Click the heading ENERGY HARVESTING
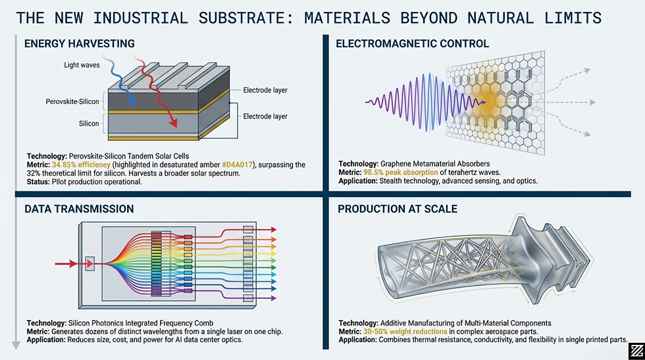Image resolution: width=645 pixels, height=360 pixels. click(x=79, y=44)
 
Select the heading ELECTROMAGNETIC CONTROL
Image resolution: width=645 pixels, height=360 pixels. click(x=412, y=44)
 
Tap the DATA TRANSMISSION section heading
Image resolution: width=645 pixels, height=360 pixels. click(x=78, y=209)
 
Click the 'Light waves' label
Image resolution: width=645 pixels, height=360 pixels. click(x=82, y=64)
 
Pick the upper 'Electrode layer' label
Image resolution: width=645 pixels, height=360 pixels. click(x=265, y=90)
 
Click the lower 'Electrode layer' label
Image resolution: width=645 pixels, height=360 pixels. click(x=265, y=116)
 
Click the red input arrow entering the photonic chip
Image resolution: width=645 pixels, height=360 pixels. click(x=72, y=264)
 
